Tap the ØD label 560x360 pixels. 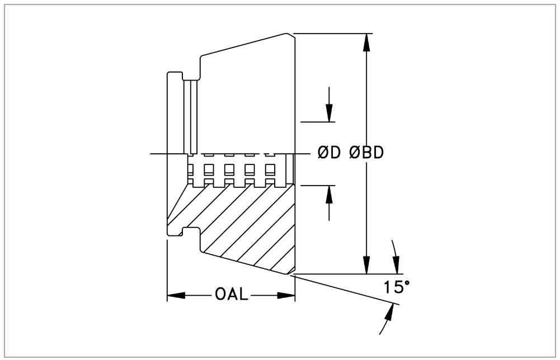click(x=328, y=153)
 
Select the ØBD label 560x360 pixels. click(x=366, y=153)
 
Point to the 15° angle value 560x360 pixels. click(x=397, y=287)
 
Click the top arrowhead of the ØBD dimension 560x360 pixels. click(x=366, y=41)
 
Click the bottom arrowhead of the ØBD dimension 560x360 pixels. click(x=366, y=267)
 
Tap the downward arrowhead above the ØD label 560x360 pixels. click(x=329, y=114)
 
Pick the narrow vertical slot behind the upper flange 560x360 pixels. click(x=193, y=117)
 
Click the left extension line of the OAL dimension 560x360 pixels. click(x=167, y=268)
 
